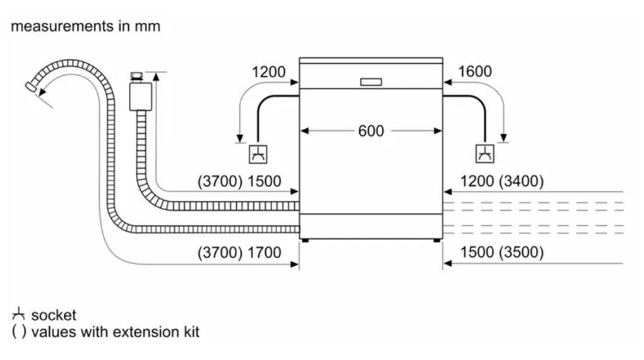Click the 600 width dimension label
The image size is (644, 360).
tap(371, 131)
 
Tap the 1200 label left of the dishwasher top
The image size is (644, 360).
tap(269, 72)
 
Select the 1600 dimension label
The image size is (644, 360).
tap(475, 72)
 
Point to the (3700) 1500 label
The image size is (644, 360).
tap(239, 182)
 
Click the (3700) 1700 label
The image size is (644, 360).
tap(239, 253)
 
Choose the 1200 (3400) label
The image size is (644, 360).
tap(502, 182)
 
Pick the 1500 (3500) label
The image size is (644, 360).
tap(502, 253)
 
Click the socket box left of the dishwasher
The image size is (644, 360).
tap(258, 153)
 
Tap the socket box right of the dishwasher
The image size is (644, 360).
tap(485, 153)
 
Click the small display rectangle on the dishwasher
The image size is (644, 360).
tap(371, 82)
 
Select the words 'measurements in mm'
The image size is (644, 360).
tap(85, 27)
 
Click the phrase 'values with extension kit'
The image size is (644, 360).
tap(115, 331)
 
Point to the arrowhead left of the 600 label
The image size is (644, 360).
tap(304, 131)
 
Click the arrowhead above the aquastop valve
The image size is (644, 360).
tap(155, 75)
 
